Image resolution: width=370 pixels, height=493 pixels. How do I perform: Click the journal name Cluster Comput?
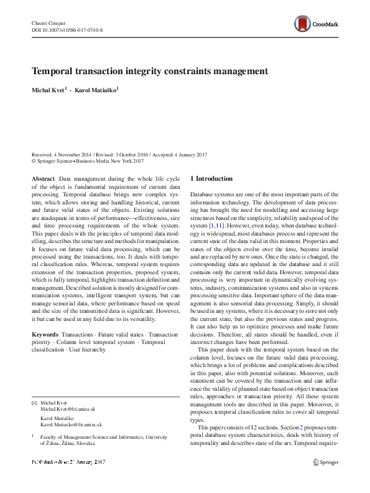49,22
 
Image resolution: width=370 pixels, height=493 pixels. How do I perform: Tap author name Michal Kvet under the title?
49,90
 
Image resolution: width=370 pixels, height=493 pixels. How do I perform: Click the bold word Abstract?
43,179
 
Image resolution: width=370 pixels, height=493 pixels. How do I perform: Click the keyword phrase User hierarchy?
88,350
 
